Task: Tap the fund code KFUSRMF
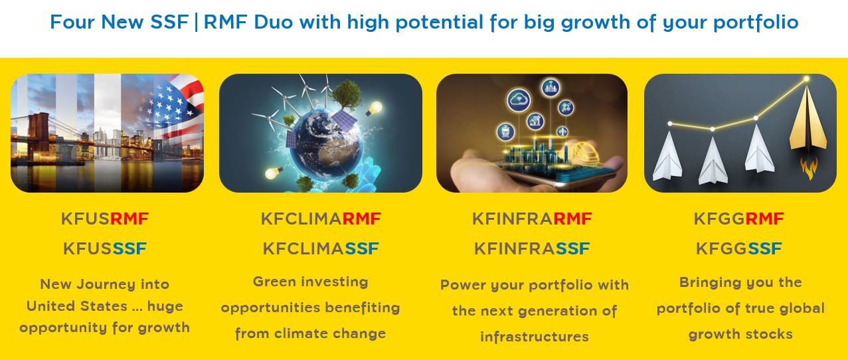105,219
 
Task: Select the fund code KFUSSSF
105,248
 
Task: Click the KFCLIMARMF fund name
321,219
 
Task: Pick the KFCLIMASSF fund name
321,248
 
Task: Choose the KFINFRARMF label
532,219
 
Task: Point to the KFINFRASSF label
532,248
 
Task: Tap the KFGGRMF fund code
739,219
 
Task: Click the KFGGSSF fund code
739,248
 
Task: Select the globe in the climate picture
326,144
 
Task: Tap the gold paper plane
808,121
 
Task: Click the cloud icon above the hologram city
519,100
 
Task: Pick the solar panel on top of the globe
344,120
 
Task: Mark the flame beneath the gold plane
809,168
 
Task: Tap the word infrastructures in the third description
534,337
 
